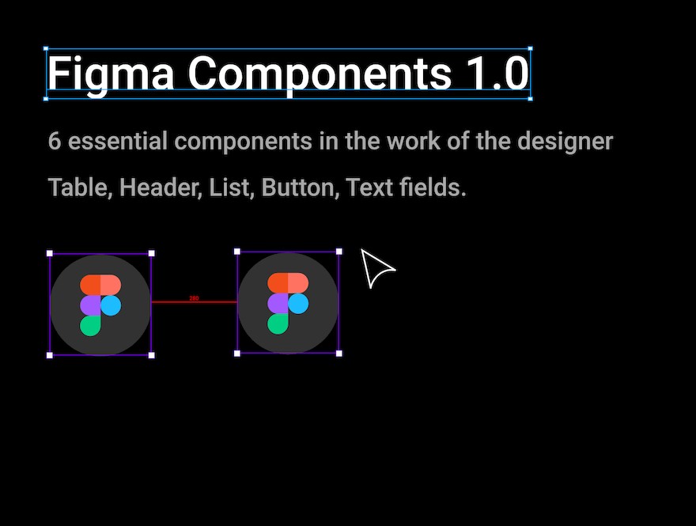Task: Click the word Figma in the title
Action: coord(111,74)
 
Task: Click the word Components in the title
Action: coord(320,74)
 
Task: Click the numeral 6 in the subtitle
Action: coord(54,141)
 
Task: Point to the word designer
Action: coord(565,142)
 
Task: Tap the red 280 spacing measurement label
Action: coord(194,298)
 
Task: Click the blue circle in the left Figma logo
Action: coord(111,305)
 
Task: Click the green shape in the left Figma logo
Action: coord(89,326)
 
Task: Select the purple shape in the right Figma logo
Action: coord(278,304)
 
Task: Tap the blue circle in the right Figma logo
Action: coord(298,304)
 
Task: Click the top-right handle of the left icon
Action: coord(151,253)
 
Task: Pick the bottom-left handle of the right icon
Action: coord(237,354)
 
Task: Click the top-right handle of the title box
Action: coord(530,49)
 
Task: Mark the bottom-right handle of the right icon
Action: coord(339,354)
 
